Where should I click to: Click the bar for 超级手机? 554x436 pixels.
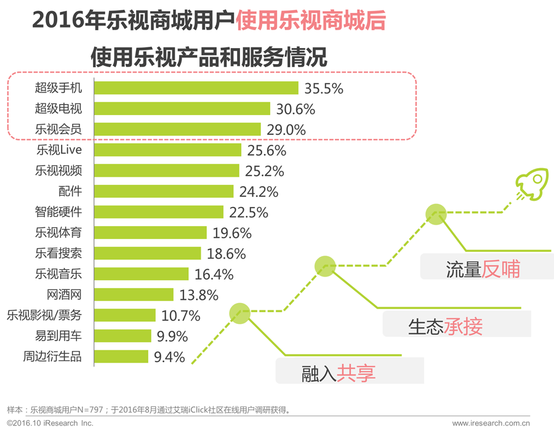(196, 88)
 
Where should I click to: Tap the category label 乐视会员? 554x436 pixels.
(58, 129)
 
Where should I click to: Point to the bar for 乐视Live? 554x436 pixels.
(167, 150)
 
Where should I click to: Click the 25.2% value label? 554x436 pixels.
(265, 171)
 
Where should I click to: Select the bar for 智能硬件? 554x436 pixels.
(159, 212)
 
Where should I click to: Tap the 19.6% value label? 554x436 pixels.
(233, 233)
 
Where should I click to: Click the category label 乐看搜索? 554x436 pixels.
(58, 254)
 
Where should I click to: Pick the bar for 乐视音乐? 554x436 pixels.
(142, 275)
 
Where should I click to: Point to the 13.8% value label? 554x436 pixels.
(199, 296)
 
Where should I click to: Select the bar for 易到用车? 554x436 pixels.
(122, 337)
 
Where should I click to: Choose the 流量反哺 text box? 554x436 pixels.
(483, 270)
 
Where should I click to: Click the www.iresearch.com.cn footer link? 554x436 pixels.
(491, 424)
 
